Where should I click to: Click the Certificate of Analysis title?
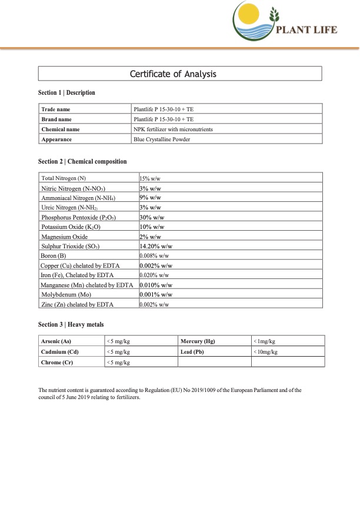(181, 74)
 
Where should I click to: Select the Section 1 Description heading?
(66, 93)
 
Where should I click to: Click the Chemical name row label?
(61, 129)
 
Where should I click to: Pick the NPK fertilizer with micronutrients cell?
(173, 129)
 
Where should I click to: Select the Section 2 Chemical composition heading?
(82, 161)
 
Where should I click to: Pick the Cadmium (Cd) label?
(60, 352)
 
